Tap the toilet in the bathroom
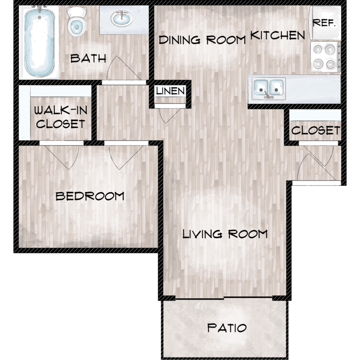76,22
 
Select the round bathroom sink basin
121,18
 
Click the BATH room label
88,58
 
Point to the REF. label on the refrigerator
324,23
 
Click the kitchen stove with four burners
325,57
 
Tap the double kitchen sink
269,88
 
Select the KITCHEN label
277,36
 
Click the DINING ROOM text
202,40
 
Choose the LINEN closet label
170,91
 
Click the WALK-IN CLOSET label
60,117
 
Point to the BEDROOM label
90,196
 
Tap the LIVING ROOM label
225,234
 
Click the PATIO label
227,328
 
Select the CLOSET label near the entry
316,131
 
